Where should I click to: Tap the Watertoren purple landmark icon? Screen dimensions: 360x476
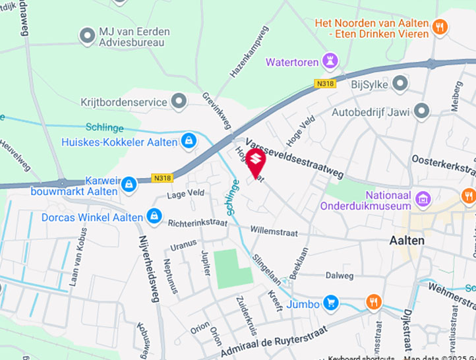(330, 62)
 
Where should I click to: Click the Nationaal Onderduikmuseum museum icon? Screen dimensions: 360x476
(423, 197)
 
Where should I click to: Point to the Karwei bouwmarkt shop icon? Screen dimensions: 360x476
(129, 183)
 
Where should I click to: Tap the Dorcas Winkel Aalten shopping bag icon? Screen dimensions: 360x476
(154, 216)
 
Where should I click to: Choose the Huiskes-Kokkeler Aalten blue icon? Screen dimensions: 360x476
(189, 140)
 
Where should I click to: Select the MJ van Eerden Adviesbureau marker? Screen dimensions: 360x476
(87, 36)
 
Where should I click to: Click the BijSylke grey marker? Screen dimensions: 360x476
(400, 82)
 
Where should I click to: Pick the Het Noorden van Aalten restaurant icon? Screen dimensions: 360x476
(440, 27)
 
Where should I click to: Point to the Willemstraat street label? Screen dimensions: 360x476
(274, 232)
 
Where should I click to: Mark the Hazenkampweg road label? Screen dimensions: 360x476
(249, 52)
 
